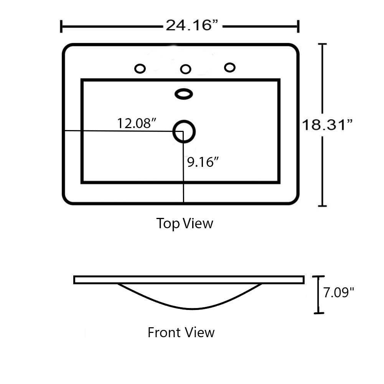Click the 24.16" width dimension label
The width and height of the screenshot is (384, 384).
click(x=192, y=25)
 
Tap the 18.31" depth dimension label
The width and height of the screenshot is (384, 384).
click(x=327, y=125)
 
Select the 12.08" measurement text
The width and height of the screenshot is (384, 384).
click(x=137, y=123)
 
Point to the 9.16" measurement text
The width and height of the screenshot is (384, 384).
click(x=203, y=162)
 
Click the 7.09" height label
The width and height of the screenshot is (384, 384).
click(x=339, y=292)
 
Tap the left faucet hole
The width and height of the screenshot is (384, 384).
click(x=140, y=69)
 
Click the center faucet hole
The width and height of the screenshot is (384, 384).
click(x=186, y=69)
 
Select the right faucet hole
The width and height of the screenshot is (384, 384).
click(x=230, y=68)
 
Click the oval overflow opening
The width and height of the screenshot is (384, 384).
click(x=184, y=94)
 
